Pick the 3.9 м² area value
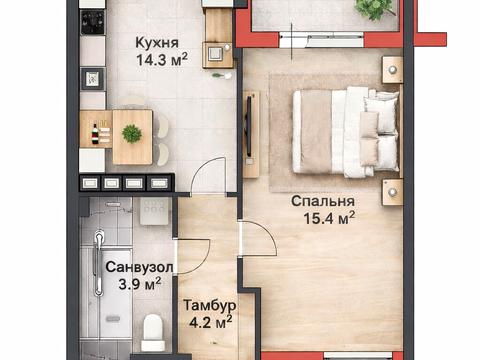pyautogui.click(x=140, y=285)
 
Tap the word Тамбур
pyautogui.click(x=207, y=304)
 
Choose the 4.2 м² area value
pyautogui.click(x=210, y=321)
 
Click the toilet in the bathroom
pyautogui.click(x=153, y=327)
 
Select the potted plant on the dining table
pyautogui.click(x=131, y=133)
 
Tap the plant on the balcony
pyautogui.click(x=372, y=8)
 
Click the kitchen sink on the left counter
pyautogui.click(x=93, y=78)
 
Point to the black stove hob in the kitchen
pyautogui.click(x=92, y=22)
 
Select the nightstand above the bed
pyautogui.click(x=392, y=69)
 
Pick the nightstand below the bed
pyautogui.click(x=392, y=191)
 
